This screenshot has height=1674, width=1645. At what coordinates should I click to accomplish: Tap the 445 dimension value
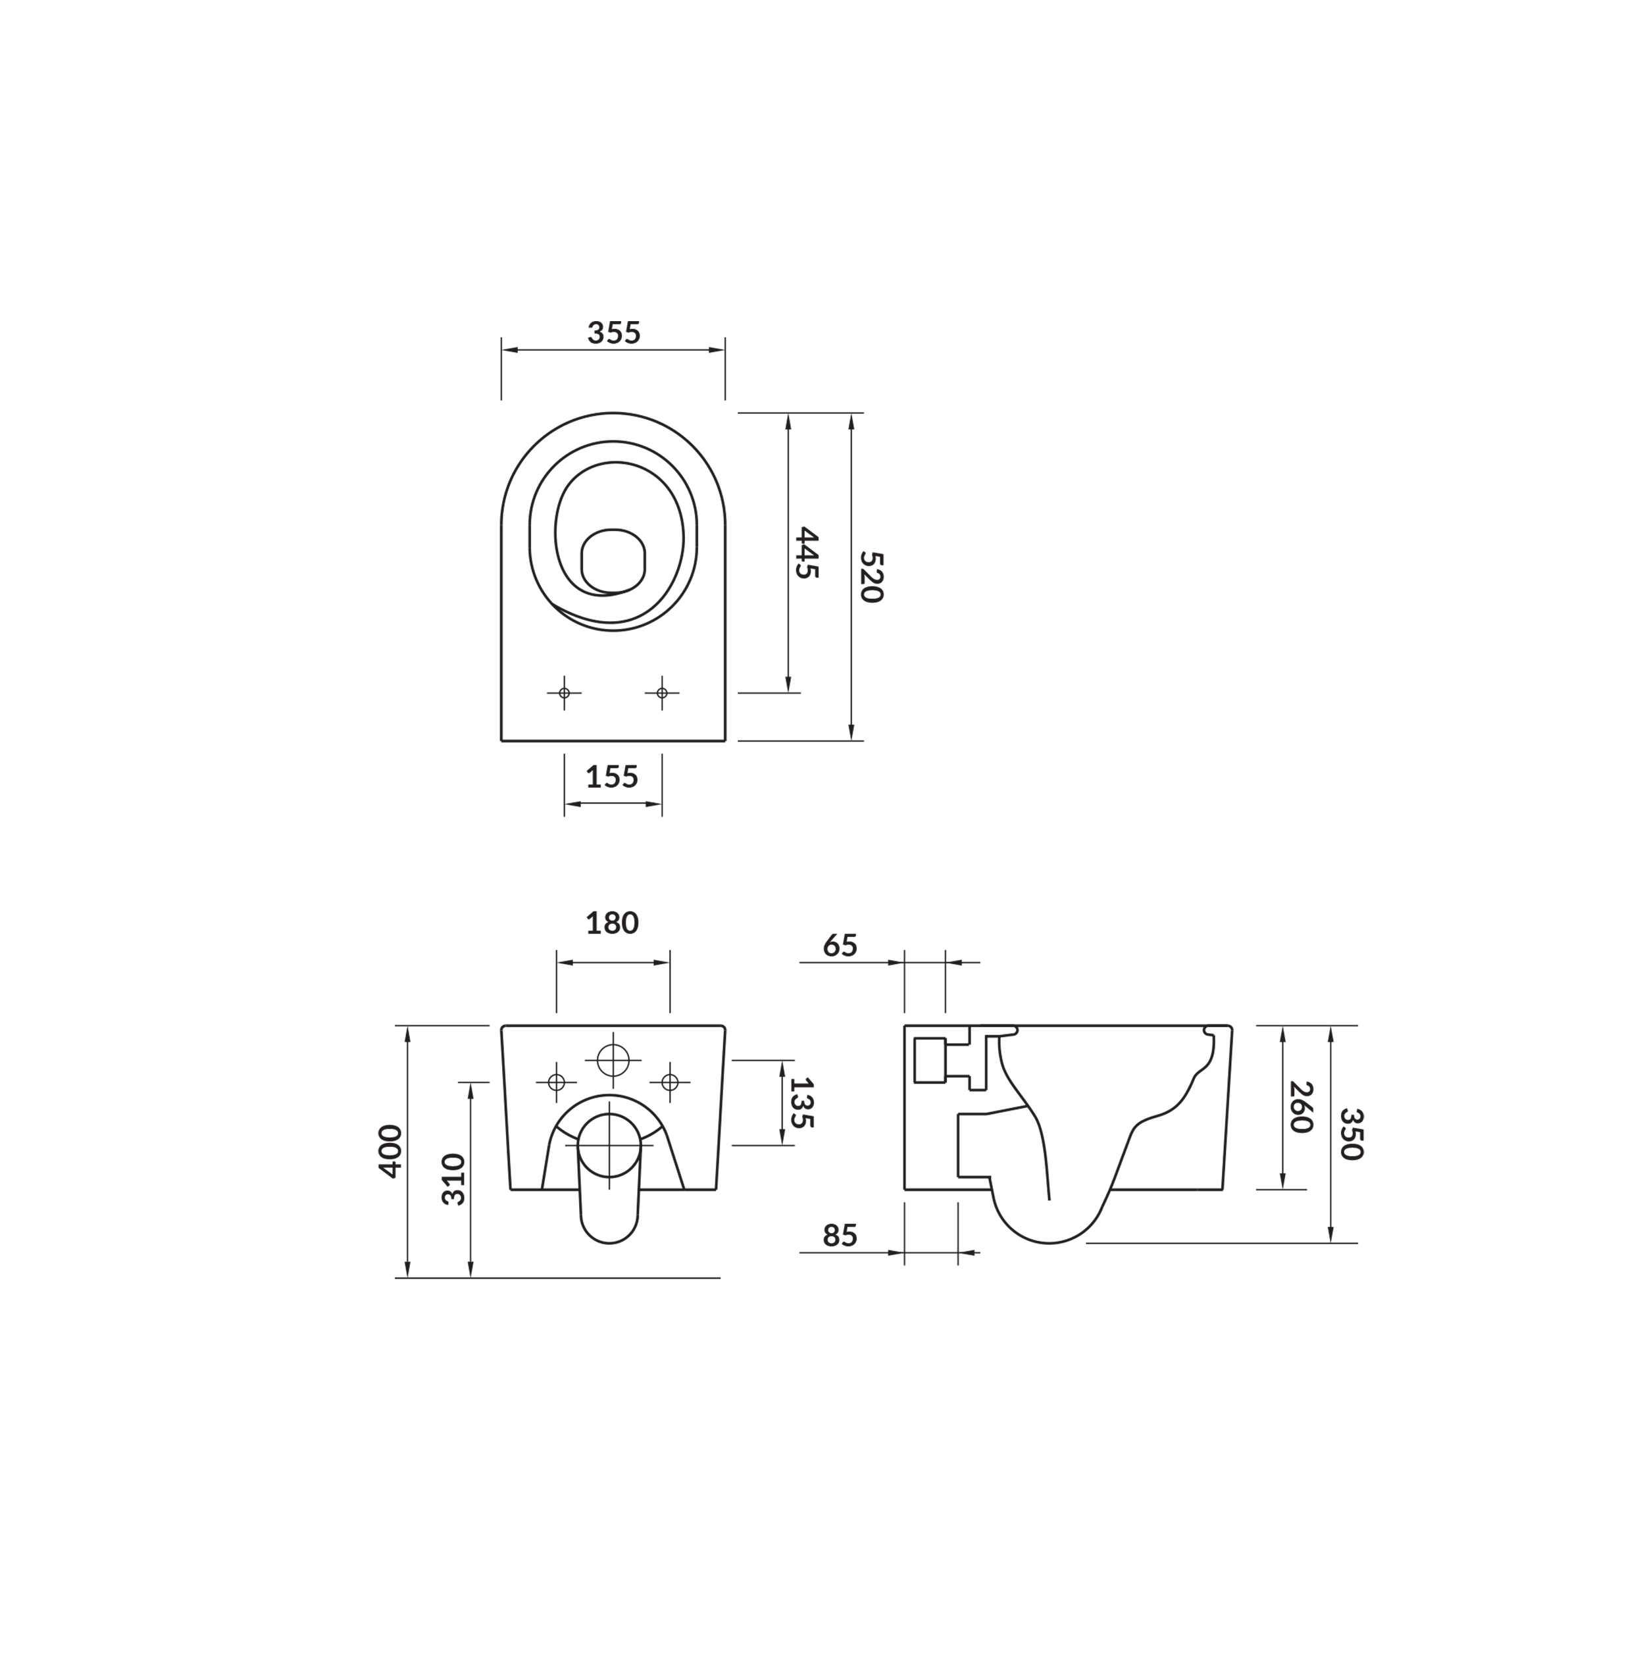[805, 553]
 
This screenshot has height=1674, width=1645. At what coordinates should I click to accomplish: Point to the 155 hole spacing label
[612, 777]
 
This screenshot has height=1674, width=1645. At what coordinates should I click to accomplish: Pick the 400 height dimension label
[390, 1152]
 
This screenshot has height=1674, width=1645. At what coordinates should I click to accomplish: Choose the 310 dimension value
[453, 1179]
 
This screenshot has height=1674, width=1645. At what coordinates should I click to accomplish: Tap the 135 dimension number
[801, 1103]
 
